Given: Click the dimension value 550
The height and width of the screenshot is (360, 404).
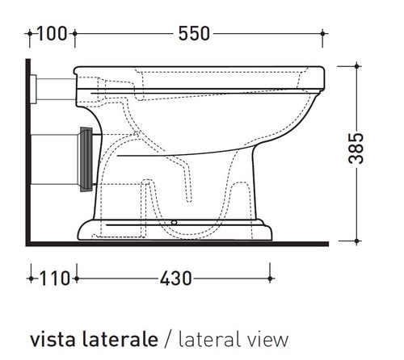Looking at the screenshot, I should (x=193, y=33).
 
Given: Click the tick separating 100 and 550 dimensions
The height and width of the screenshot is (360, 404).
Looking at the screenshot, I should (x=74, y=33).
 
